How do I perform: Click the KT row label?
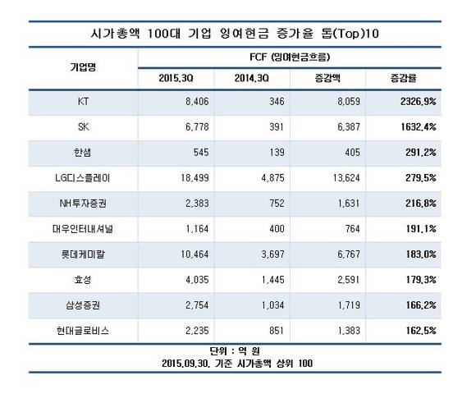click(83, 102)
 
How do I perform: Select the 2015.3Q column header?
click(176, 78)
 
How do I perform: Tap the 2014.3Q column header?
click(252, 78)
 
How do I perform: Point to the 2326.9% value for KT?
click(418, 102)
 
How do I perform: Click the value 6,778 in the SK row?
click(197, 127)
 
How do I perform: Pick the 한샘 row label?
click(83, 152)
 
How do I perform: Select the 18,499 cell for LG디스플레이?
click(195, 177)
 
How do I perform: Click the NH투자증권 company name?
click(83, 203)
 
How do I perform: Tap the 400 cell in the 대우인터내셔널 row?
click(277, 229)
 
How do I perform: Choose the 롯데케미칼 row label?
click(83, 254)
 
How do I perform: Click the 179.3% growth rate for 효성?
click(421, 280)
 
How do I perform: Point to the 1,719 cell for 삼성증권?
click(349, 305)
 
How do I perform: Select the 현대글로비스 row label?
click(83, 330)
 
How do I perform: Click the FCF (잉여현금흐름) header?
click(290, 57)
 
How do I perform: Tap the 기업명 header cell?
click(83, 67)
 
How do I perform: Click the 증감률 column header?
click(403, 78)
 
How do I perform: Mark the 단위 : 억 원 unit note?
click(235, 351)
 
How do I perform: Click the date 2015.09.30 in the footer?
click(185, 364)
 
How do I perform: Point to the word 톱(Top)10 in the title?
click(350, 34)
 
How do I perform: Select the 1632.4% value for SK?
click(419, 127)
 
